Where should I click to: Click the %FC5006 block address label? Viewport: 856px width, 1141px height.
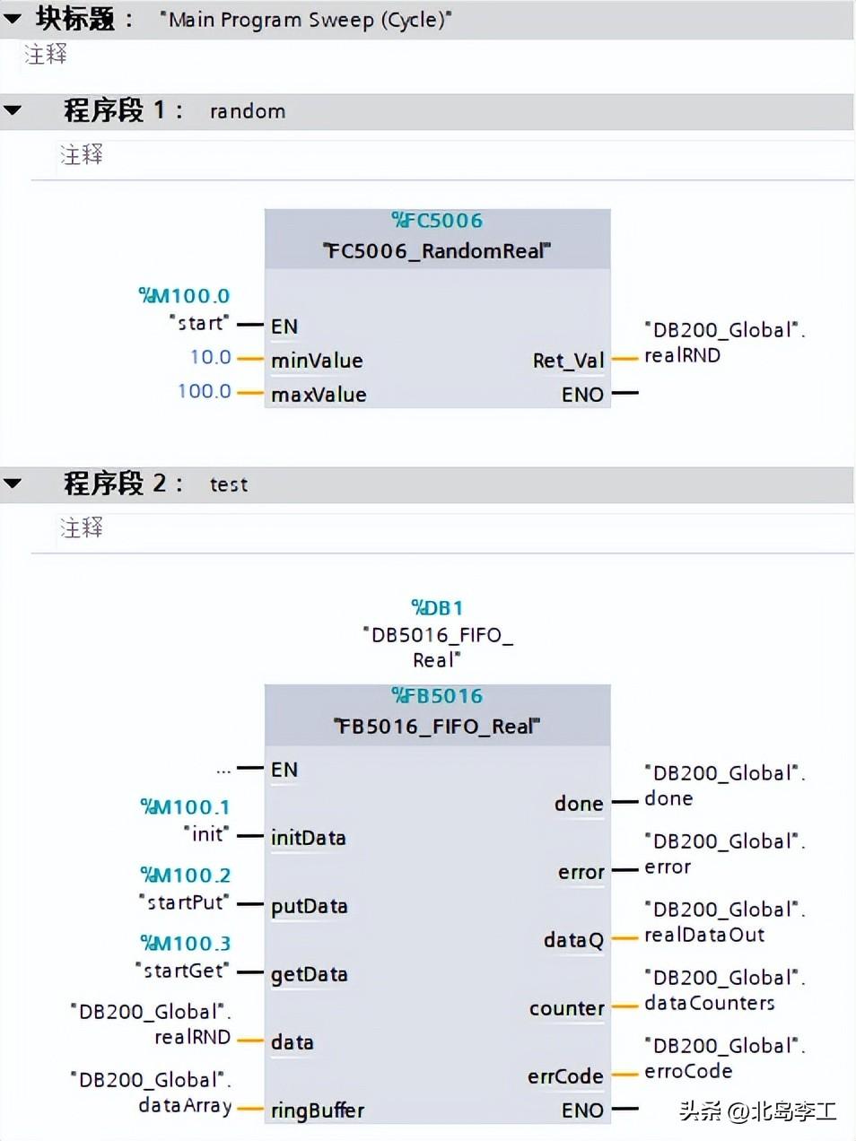437,221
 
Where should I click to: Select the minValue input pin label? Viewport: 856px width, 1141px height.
317,361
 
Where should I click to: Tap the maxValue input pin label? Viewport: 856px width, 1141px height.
319,395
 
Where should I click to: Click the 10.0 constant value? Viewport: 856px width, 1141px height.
211,357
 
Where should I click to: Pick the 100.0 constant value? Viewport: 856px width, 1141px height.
205,391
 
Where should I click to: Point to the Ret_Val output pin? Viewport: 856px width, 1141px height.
569,361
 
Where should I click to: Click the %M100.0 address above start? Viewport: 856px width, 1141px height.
184,296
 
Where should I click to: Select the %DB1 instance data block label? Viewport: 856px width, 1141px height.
437,607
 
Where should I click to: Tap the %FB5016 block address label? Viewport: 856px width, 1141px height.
437,696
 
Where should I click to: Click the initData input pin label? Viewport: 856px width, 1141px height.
308,838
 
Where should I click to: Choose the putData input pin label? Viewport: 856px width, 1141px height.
310,907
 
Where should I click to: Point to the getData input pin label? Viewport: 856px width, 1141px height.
310,975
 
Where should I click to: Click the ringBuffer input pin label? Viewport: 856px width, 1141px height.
318,1111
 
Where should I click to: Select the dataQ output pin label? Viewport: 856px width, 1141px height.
573,940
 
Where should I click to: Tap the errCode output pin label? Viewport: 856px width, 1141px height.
566,1076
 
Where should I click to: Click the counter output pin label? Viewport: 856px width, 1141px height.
567,1008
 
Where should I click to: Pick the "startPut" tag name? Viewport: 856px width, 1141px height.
184,902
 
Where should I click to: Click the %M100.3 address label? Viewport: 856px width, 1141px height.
185,944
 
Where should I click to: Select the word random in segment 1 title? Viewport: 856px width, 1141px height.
248,111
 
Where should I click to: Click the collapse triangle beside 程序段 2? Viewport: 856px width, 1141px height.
13,483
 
